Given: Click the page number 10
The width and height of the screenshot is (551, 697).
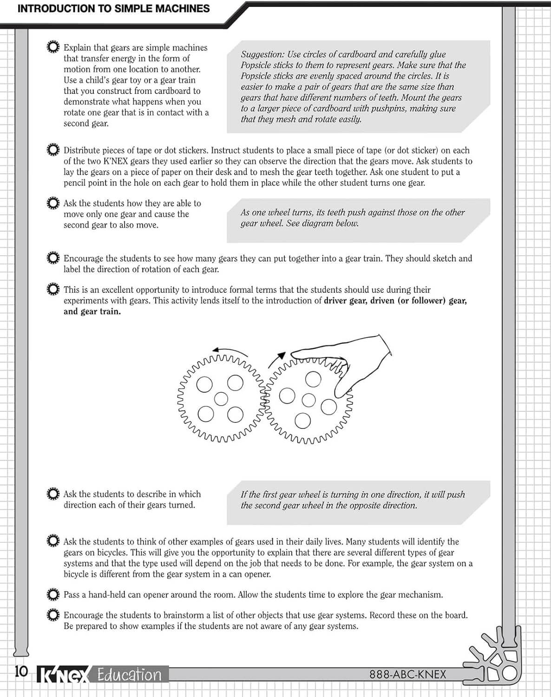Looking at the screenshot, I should point(21,672).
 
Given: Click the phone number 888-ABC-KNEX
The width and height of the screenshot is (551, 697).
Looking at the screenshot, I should point(407,674).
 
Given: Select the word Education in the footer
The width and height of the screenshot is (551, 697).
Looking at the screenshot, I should point(129,675).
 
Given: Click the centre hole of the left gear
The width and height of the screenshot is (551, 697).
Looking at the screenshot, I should point(221,399).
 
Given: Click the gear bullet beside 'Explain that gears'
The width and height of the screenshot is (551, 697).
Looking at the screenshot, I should point(53,47).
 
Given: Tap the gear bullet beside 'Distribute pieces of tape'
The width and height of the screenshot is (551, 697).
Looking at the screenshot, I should point(53,150).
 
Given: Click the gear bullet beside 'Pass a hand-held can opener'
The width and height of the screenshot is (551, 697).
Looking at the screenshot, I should point(53,594).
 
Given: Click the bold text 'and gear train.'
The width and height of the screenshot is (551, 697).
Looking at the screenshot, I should point(92,311).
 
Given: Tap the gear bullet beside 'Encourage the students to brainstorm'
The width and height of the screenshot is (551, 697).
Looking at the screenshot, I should point(53,615).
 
